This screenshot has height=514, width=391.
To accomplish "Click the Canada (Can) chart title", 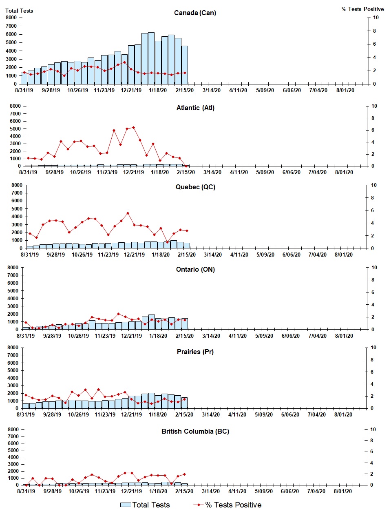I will pyautogui.click(x=195, y=13).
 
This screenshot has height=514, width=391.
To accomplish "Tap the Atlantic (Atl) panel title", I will pyautogui.click(x=195, y=108).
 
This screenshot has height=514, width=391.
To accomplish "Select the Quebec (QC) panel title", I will pyautogui.click(x=195, y=187).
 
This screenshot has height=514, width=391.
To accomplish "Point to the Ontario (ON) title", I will pyautogui.click(x=195, y=269).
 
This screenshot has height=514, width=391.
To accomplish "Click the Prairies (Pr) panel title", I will pyautogui.click(x=195, y=352).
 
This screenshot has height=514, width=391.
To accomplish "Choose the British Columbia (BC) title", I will pyautogui.click(x=195, y=431).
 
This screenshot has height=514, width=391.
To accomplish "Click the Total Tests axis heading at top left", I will pyautogui.click(x=19, y=11).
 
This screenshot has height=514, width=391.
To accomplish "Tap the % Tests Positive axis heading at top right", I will pyautogui.click(x=362, y=9).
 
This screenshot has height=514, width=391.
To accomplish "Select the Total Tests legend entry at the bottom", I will pyautogui.click(x=145, y=505).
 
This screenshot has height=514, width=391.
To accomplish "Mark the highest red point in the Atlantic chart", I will pyautogui.click(x=133, y=128).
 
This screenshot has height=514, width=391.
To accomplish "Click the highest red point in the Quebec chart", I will pyautogui.click(x=128, y=213).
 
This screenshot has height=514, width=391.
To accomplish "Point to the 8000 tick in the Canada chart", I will pyautogui.click(x=11, y=18).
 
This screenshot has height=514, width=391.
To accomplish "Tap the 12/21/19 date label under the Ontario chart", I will pyautogui.click(x=131, y=336).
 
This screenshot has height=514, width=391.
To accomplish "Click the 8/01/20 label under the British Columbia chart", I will pyautogui.click(x=343, y=491).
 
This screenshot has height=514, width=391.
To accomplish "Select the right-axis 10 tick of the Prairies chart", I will pyautogui.click(x=373, y=348).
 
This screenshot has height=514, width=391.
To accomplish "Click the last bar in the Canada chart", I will pyautogui.click(x=185, y=65).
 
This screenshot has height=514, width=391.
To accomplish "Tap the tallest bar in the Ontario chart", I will pyautogui.click(x=151, y=322).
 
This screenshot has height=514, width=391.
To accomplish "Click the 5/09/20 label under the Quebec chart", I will pyautogui.click(x=265, y=255).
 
